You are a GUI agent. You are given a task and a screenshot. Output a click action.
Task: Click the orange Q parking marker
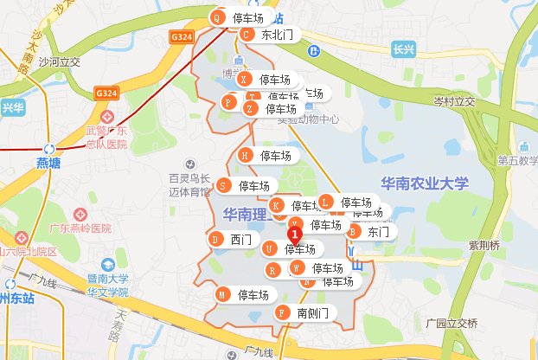tap(217, 17)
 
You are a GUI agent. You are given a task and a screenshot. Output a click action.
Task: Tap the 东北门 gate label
tap(278, 35)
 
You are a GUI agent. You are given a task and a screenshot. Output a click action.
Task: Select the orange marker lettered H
tap(245, 156)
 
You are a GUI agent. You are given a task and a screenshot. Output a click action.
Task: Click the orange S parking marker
tap(224, 185)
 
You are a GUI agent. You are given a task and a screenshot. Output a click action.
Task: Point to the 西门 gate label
tap(240, 239)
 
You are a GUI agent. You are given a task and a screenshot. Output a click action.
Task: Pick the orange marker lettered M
tap(222, 294)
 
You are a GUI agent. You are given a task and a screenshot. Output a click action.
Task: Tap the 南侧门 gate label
tap(311, 312)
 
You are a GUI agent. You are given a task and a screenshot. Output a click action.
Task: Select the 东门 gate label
tap(378, 232)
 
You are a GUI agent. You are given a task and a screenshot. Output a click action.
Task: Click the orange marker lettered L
tap(325, 202)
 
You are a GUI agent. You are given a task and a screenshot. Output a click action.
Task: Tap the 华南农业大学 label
tap(424, 183)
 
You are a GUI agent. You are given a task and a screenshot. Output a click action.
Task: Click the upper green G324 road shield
tap(181, 37)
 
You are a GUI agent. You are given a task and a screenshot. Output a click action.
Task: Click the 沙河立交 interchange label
tap(60, 61)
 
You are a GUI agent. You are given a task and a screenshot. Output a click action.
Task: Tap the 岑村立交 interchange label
tap(455, 102)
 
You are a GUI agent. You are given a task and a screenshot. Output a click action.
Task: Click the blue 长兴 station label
tap(401, 49)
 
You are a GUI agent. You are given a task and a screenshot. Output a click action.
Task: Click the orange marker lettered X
tap(244, 79)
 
